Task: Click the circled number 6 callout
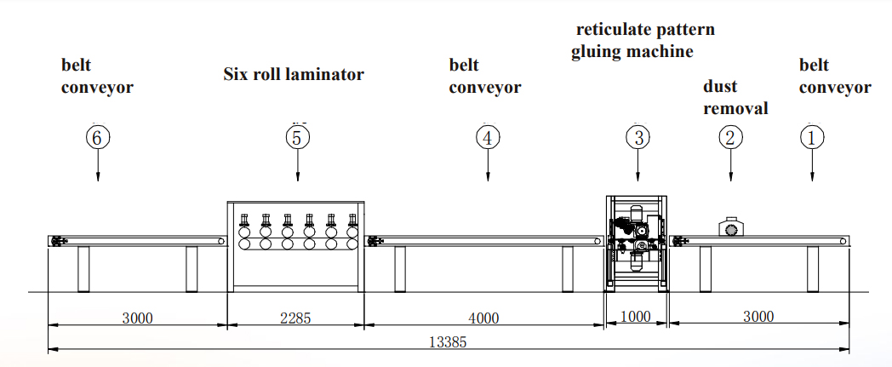(99, 137)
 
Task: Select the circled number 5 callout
(297, 137)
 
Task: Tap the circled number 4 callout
(487, 137)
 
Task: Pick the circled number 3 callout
(638, 137)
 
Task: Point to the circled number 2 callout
(730, 137)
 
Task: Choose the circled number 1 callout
(812, 137)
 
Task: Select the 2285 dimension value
(296, 318)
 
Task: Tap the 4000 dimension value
(483, 318)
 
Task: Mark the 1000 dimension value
(635, 317)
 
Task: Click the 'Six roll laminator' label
(294, 75)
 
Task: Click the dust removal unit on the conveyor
(730, 227)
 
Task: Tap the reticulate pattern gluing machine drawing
(638, 243)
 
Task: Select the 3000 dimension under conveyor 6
(137, 318)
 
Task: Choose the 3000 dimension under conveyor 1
(758, 317)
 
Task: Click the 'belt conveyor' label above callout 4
(484, 76)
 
